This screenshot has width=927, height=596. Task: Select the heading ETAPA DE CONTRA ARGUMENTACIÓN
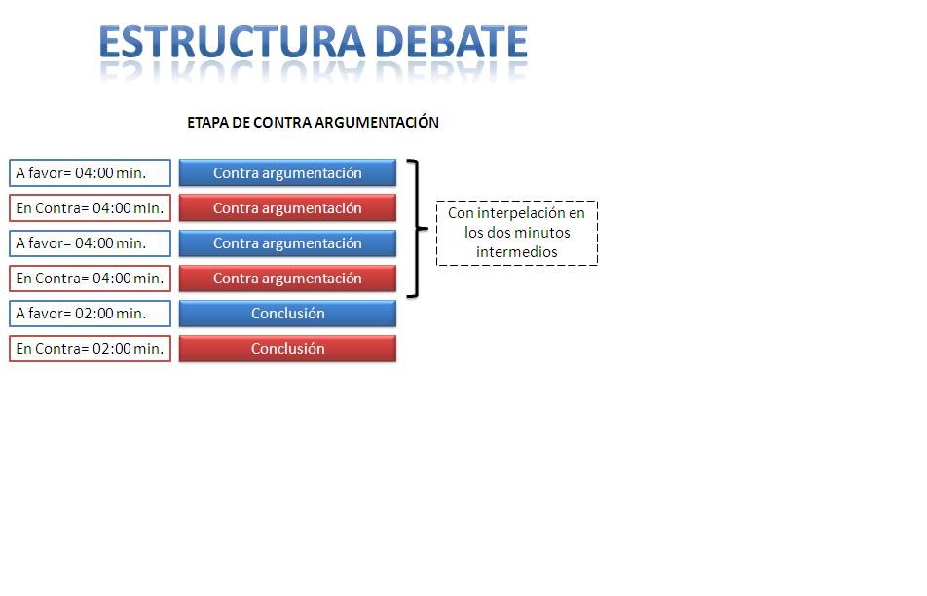click(x=313, y=123)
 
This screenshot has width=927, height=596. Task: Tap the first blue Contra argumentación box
click(x=287, y=173)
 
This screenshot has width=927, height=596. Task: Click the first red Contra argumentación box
click(x=287, y=208)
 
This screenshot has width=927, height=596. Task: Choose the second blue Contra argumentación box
click(x=287, y=243)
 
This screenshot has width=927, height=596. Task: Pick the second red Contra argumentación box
click(x=287, y=279)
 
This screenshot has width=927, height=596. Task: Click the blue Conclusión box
click(x=287, y=314)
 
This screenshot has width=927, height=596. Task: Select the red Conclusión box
click(x=287, y=349)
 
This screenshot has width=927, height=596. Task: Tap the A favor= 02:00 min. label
click(x=91, y=314)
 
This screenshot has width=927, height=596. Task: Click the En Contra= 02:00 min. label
click(x=91, y=349)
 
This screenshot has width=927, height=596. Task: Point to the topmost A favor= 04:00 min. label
click(x=91, y=173)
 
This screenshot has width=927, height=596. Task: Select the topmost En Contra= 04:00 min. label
click(x=91, y=208)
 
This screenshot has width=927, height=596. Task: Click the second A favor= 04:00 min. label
click(x=91, y=243)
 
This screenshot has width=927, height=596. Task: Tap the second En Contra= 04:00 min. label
click(x=91, y=279)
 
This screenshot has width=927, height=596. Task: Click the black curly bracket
click(x=419, y=228)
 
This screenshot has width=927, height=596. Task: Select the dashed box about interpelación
click(x=516, y=233)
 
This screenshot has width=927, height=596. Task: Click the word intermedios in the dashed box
click(x=516, y=252)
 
